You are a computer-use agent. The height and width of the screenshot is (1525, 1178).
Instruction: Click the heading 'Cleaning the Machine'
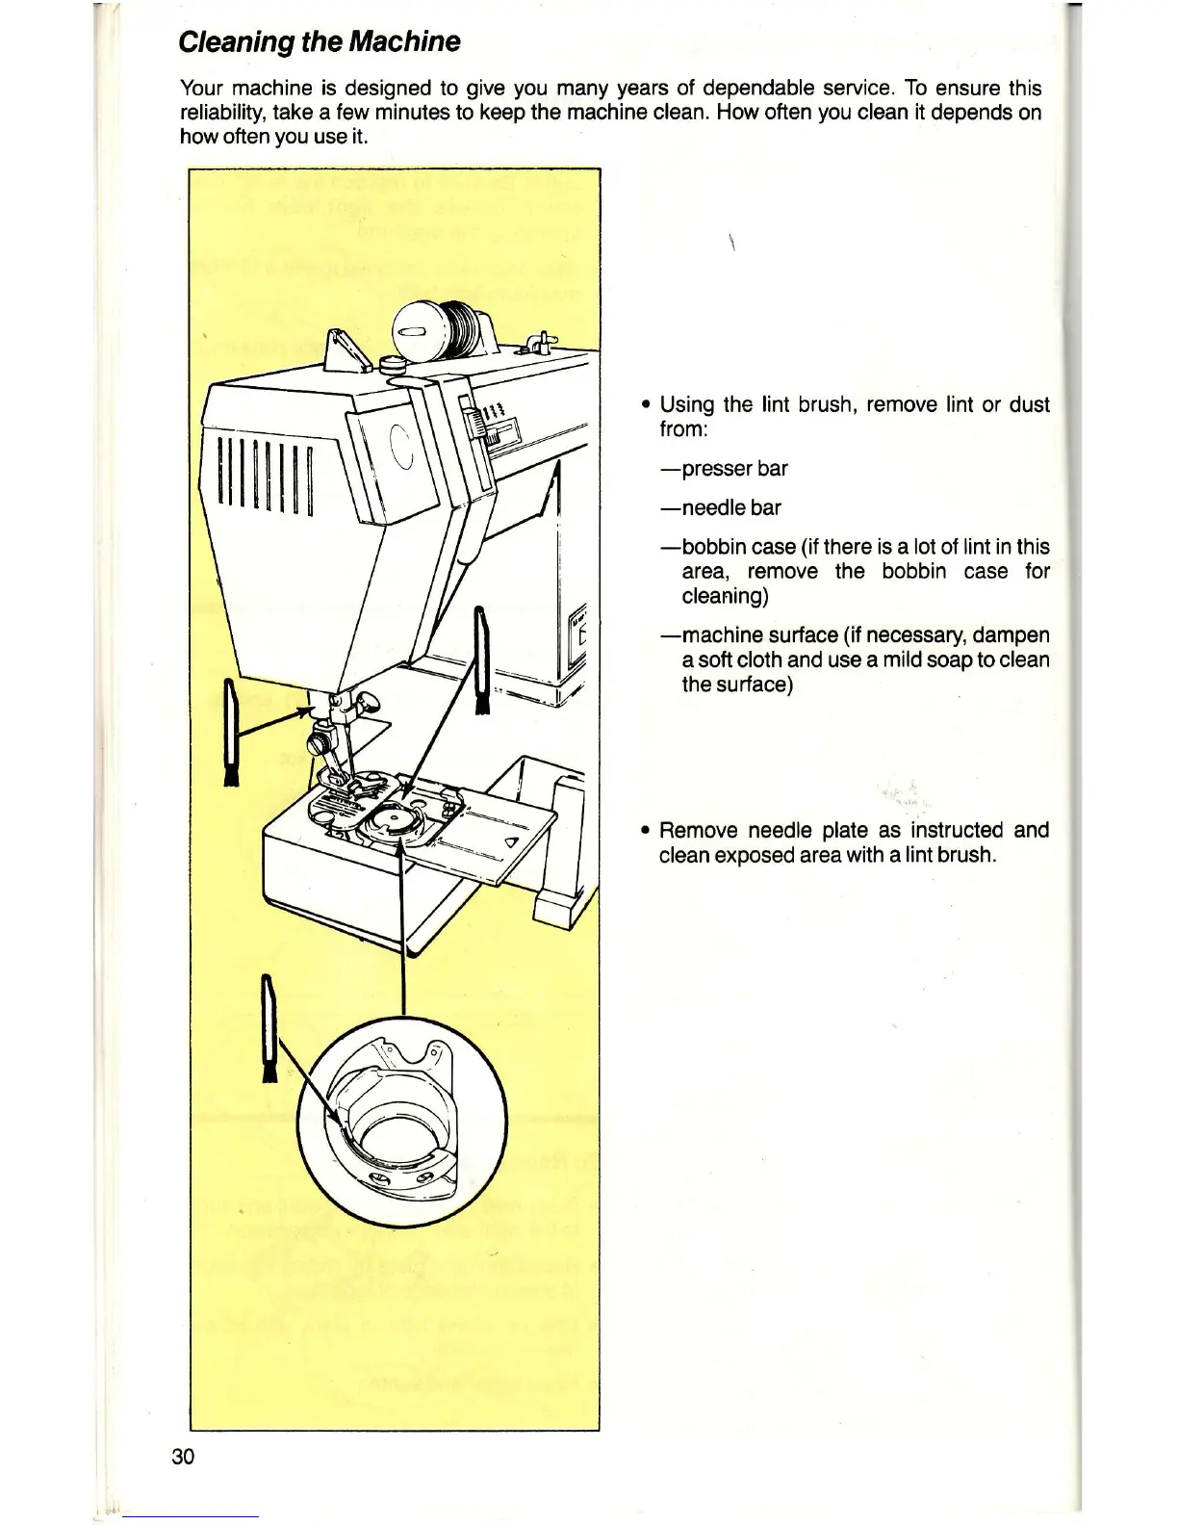click(x=320, y=42)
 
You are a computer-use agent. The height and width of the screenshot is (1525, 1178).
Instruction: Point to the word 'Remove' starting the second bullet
click(x=699, y=830)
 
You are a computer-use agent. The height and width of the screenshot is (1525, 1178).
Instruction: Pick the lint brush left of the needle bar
click(x=231, y=732)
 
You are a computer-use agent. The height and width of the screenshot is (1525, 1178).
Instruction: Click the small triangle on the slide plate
click(x=510, y=842)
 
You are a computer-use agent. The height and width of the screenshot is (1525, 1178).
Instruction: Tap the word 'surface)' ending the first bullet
click(x=736, y=685)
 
